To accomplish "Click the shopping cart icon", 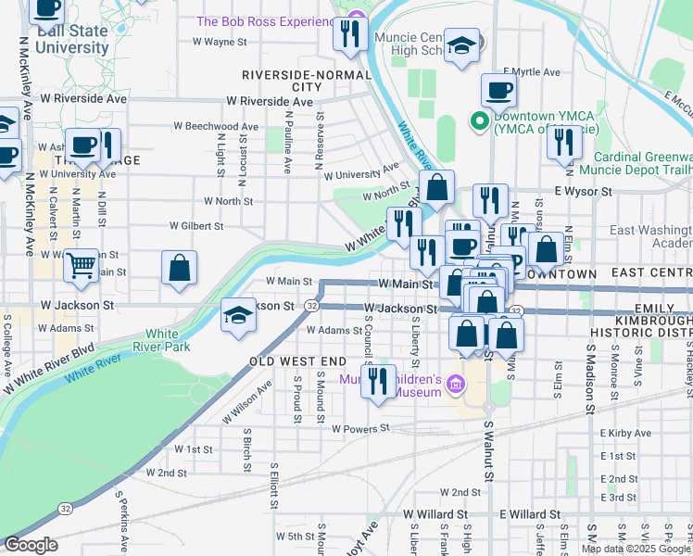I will [82, 266].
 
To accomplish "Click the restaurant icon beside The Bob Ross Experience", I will [350, 35].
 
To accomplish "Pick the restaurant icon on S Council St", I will [377, 382].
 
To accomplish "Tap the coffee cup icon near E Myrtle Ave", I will [498, 91].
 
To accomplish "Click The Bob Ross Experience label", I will [265, 21].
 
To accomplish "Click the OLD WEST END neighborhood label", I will [297, 360].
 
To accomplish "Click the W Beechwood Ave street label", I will [216, 126].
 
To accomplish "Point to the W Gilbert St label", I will [196, 225].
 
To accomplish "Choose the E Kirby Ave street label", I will [627, 433].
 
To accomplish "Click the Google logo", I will [31, 545].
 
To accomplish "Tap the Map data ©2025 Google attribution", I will [635, 548].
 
